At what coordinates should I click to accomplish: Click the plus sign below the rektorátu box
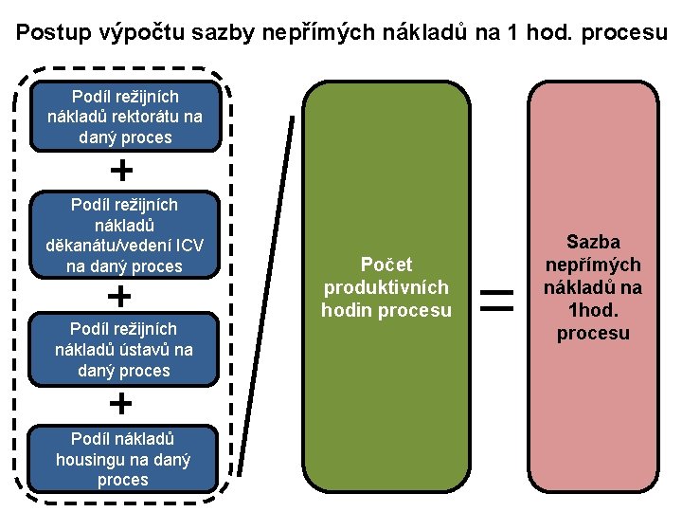[121, 171]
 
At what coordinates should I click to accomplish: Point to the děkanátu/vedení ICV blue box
[125, 235]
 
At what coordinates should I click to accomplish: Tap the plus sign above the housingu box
[121, 404]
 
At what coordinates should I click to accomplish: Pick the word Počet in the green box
[386, 265]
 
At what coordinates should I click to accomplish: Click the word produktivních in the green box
[386, 287]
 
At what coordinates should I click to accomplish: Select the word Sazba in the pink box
[593, 243]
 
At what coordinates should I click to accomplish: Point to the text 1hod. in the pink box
[593, 311]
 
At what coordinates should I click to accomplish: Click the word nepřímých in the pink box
[593, 265]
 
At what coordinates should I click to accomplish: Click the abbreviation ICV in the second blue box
[188, 246]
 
